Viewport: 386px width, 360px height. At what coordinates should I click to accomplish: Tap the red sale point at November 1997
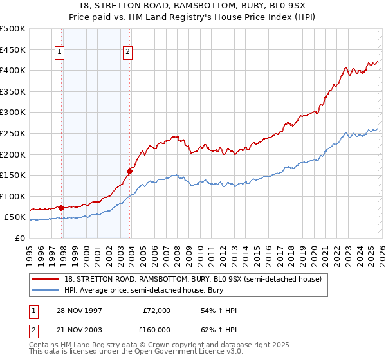tap(61, 208)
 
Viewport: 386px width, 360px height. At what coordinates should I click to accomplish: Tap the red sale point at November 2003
tap(130, 171)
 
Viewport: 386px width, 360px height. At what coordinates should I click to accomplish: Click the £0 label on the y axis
tap(20, 238)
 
